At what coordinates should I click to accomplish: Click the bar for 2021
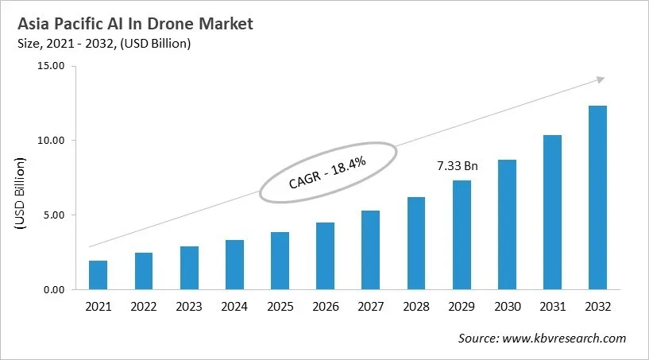(x=98, y=275)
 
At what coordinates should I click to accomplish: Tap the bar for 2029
(x=461, y=235)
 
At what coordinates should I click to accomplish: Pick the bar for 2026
(x=325, y=256)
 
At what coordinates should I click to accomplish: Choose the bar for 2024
(x=234, y=265)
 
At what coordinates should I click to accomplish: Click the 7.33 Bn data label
(x=458, y=166)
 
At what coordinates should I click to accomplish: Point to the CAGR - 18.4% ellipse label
(x=327, y=172)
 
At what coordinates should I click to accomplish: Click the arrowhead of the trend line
(x=600, y=79)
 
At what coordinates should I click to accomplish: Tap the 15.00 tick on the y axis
(x=51, y=66)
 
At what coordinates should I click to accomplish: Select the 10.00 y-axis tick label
(x=51, y=141)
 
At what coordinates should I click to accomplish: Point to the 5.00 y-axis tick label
(x=53, y=215)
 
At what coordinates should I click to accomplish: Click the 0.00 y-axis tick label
(x=53, y=290)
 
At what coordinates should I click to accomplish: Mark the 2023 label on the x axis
(x=189, y=306)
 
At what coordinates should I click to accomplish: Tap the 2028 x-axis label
(x=415, y=306)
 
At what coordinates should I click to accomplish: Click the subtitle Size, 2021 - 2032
(x=102, y=45)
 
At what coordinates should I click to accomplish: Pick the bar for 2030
(x=506, y=225)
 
